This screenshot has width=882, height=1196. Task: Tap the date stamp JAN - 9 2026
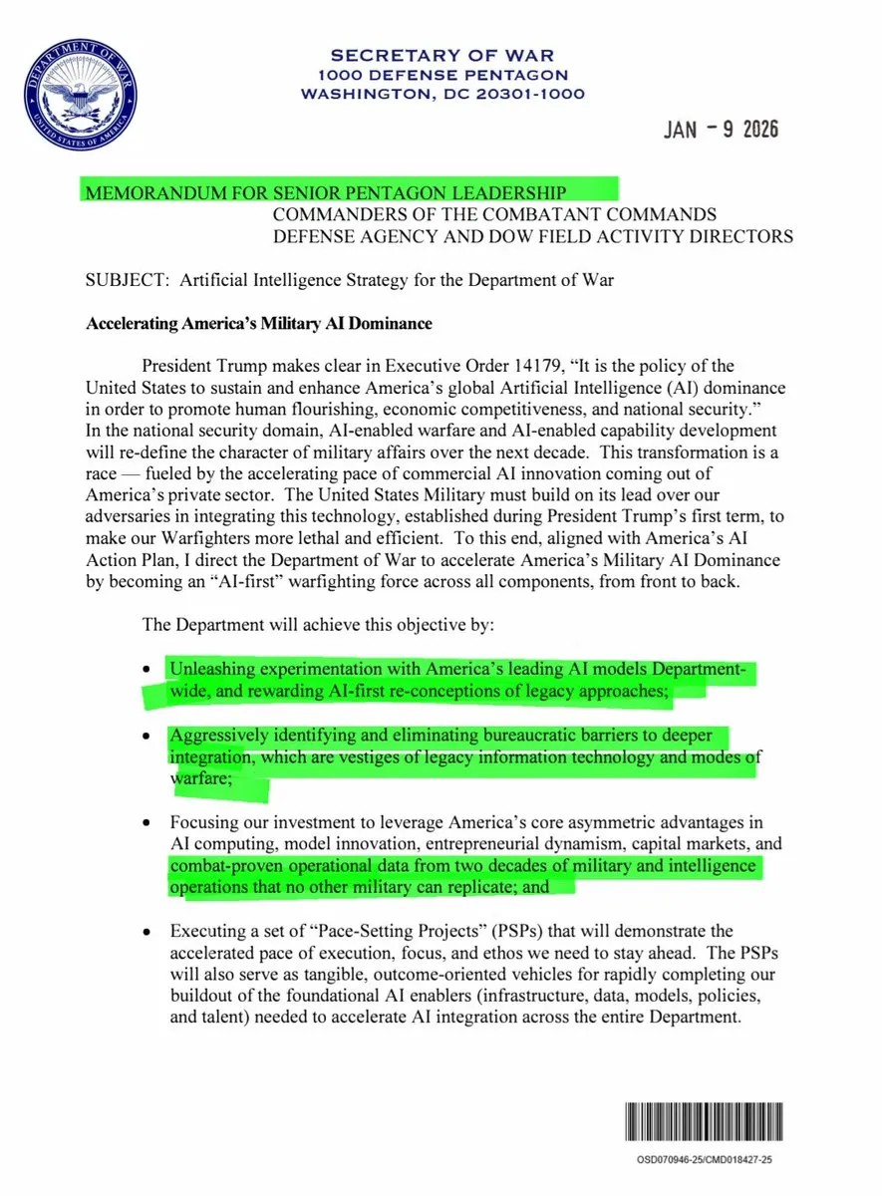point(721,130)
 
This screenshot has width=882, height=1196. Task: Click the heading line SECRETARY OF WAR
point(442,55)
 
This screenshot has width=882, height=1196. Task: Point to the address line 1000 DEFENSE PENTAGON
point(442,75)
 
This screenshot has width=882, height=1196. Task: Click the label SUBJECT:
point(129,280)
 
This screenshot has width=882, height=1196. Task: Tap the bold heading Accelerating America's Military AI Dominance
point(259,324)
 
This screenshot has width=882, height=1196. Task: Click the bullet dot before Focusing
point(147,824)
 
